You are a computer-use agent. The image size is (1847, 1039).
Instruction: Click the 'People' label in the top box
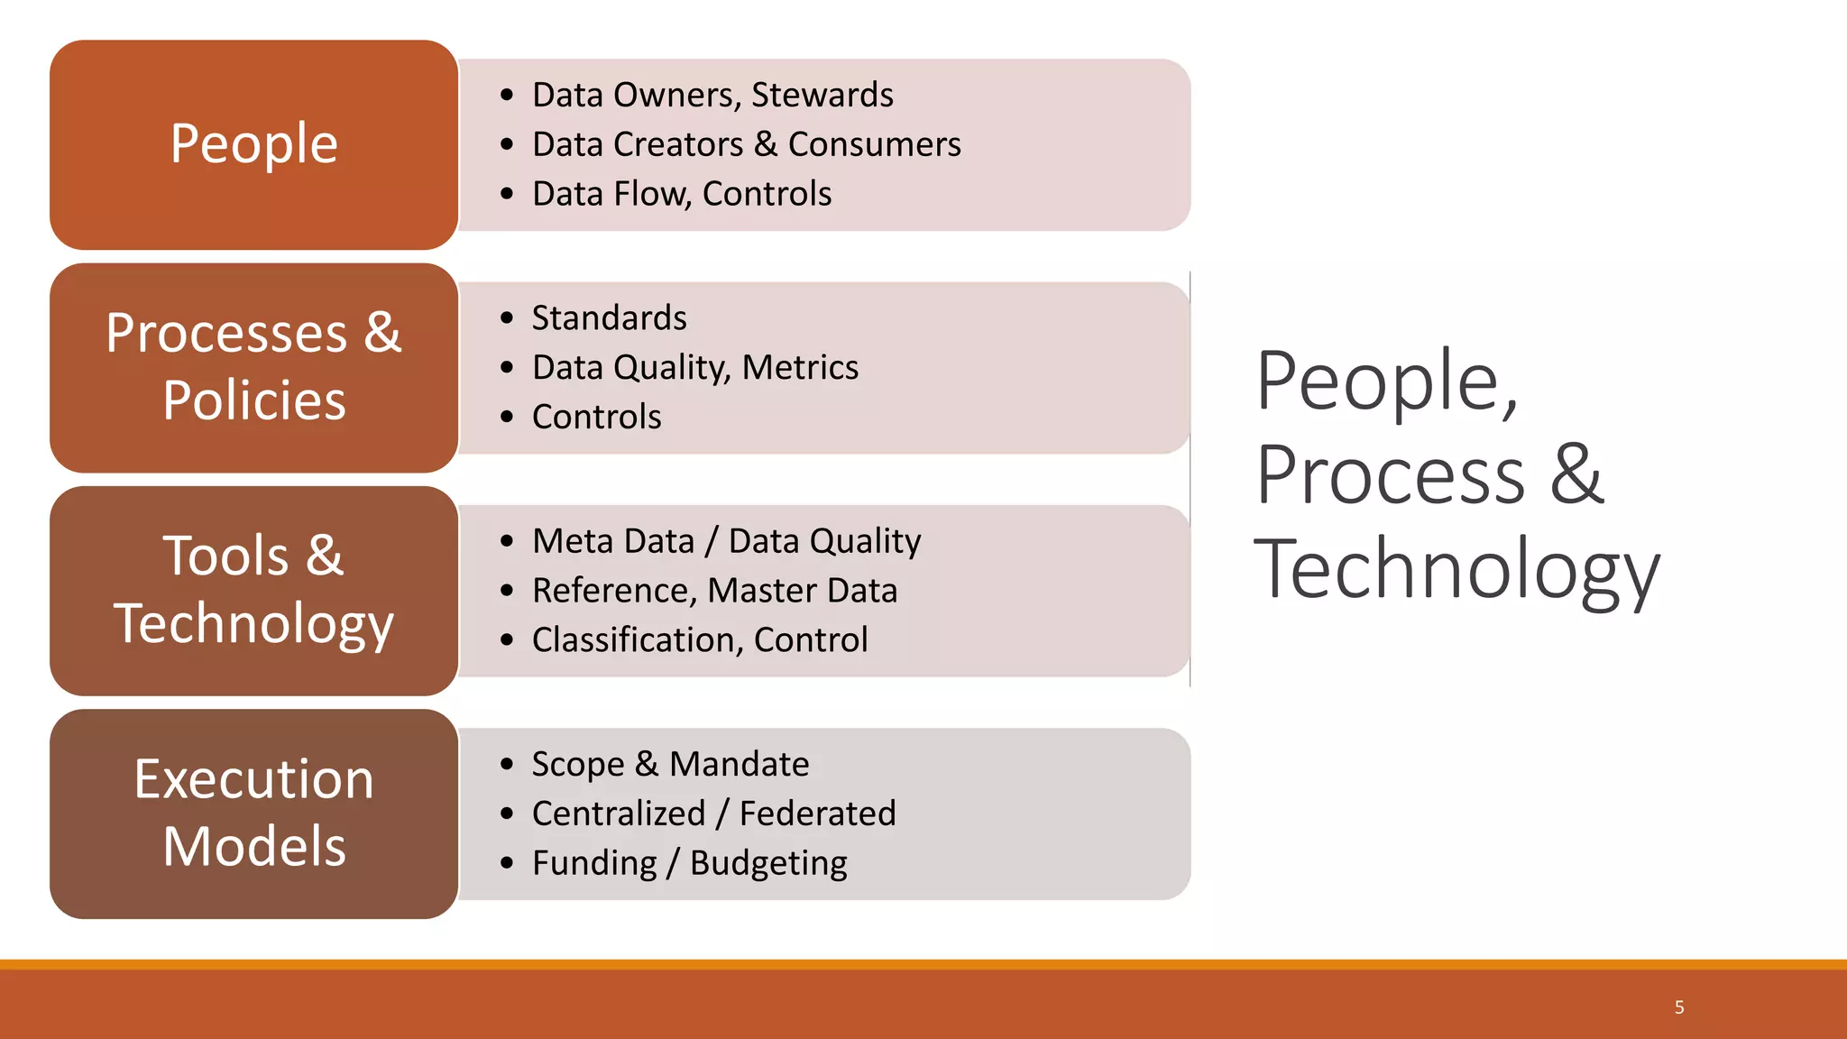point(253,144)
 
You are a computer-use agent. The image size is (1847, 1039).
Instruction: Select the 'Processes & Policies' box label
point(253,366)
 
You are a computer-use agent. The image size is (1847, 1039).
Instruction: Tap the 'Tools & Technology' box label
point(253,589)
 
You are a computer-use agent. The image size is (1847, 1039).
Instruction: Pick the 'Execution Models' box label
point(253,813)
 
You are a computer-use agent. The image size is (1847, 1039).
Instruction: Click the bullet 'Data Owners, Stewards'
point(712,95)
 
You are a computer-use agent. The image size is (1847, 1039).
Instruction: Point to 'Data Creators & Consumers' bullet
point(746,144)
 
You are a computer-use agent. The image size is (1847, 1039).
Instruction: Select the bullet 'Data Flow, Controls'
point(681,194)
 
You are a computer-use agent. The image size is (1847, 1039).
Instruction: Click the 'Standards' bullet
point(609,318)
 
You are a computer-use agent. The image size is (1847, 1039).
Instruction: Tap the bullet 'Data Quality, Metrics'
point(694,367)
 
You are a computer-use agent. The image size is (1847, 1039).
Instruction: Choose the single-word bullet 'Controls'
point(596,417)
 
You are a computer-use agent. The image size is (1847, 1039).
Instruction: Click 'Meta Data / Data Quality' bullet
point(726,541)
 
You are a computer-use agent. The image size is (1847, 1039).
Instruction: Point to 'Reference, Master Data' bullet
point(714,591)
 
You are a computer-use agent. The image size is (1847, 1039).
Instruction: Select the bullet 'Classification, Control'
point(699,640)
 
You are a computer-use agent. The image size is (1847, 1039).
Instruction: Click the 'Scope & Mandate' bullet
point(670,764)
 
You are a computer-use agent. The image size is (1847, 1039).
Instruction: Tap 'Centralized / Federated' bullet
point(713,814)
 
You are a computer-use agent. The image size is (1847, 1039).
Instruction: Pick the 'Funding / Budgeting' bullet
point(689,863)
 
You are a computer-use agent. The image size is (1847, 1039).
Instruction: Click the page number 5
point(1679,1007)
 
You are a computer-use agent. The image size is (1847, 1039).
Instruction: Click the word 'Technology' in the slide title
point(1456,569)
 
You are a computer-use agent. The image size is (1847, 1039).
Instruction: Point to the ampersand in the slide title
point(1576,475)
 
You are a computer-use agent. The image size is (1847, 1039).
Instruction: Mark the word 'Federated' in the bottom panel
point(817,814)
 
